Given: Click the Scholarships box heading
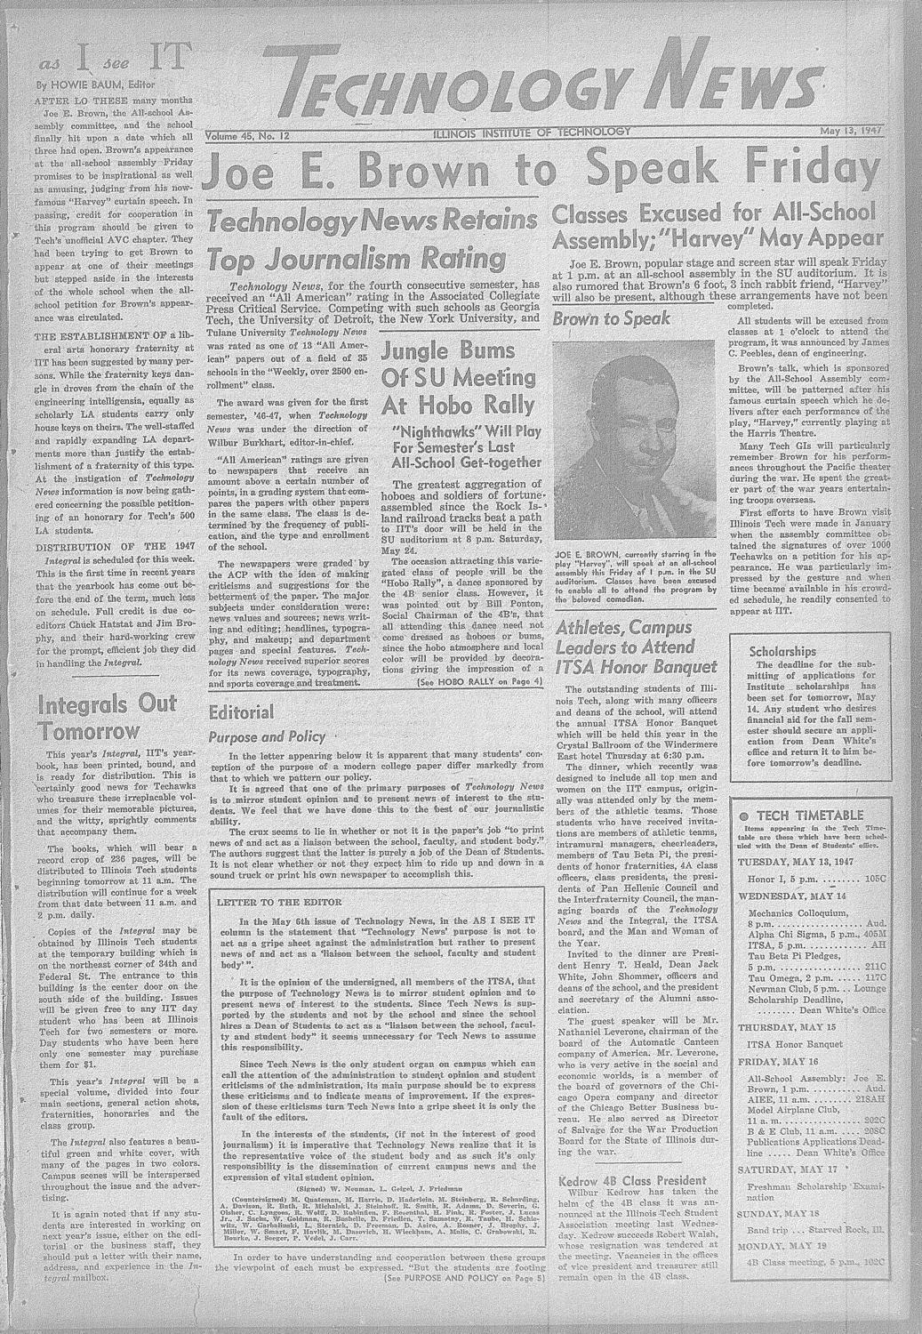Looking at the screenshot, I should pyautogui.click(x=782, y=651).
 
